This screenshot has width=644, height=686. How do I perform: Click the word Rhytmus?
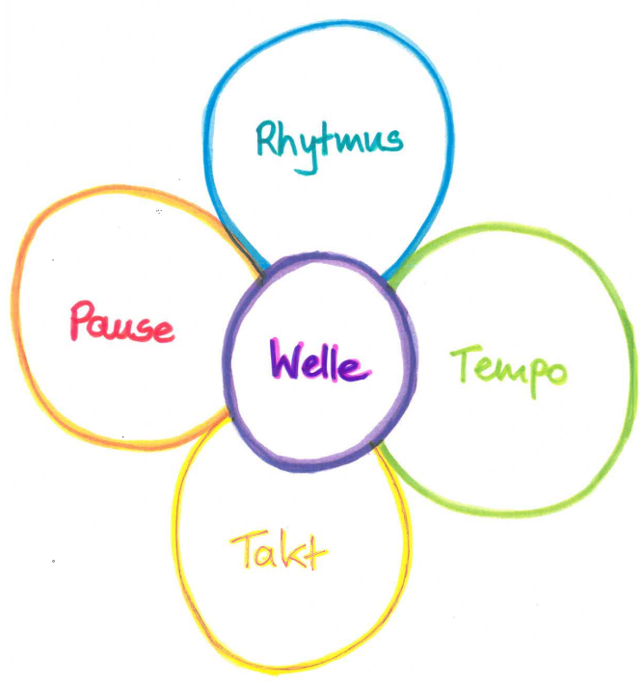[x=329, y=140]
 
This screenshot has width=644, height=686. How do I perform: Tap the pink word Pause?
[x=121, y=322]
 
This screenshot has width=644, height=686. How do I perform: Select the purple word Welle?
[x=319, y=362]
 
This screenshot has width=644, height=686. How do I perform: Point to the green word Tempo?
[x=509, y=368]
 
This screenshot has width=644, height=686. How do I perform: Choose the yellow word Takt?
[x=279, y=552]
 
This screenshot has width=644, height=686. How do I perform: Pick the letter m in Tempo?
[x=504, y=370]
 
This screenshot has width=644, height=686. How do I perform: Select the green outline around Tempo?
[x=631, y=366]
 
